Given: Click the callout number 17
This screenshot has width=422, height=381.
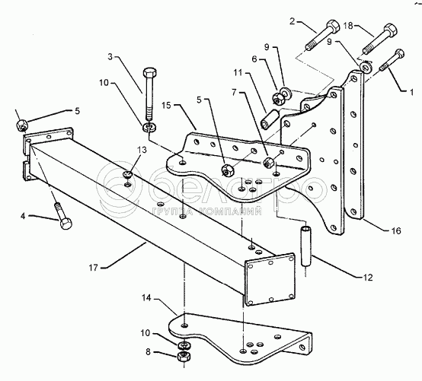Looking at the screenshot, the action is [94, 268].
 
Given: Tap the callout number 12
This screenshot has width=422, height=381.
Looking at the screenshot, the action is [368, 278].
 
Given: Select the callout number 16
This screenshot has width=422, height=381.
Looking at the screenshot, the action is [396, 230].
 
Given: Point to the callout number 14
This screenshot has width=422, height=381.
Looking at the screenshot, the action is [146, 297].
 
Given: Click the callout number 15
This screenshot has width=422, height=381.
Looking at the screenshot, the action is [167, 105].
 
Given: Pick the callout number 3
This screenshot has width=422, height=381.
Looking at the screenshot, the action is [110, 57].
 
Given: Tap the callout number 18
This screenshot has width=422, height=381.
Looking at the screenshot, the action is [348, 26].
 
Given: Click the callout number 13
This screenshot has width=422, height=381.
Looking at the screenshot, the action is [142, 150].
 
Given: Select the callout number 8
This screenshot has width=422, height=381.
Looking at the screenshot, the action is [148, 351].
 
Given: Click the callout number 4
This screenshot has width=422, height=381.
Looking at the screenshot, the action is [23, 216].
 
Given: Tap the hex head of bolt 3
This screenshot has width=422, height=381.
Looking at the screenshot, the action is [149, 73].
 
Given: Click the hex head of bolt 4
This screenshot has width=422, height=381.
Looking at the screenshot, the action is [66, 224].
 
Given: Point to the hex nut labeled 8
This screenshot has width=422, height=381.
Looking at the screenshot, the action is [184, 357].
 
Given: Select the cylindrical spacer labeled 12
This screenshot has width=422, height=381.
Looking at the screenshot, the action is [305, 246].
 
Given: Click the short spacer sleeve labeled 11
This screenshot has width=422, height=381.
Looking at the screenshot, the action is [268, 119].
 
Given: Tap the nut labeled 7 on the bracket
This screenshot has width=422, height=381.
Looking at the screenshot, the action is [269, 162].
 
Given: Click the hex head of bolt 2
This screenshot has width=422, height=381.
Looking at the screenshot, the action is [333, 26].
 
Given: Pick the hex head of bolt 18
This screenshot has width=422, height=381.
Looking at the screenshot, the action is [390, 30].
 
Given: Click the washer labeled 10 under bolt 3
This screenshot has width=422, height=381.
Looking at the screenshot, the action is [149, 126].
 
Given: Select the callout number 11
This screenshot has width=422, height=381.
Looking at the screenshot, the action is [238, 72].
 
